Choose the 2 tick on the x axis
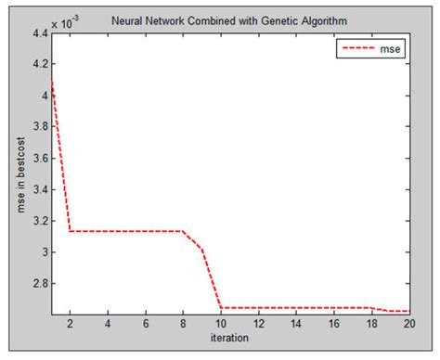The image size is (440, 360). click(70, 324)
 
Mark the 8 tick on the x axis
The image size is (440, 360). click(184, 324)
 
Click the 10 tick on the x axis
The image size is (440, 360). click(221, 324)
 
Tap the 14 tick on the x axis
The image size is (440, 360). click(296, 324)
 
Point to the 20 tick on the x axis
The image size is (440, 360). click(409, 324)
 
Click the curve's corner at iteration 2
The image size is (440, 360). click(70, 231)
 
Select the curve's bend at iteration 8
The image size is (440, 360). click(183, 231)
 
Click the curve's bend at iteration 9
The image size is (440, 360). click(202, 249)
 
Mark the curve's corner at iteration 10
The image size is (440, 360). click(221, 307)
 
